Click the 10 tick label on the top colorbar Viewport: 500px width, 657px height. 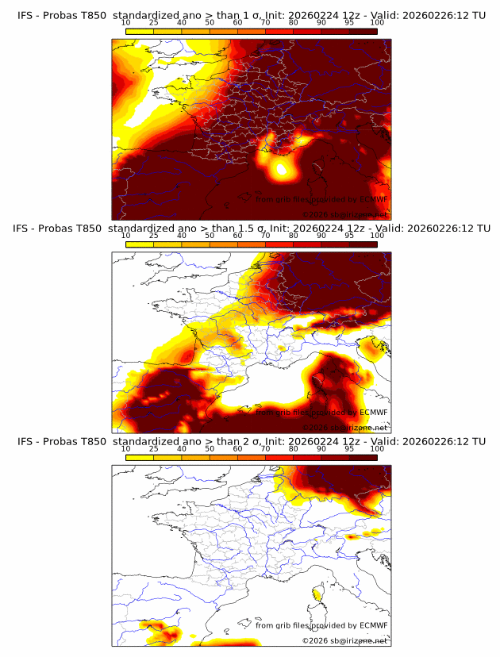[x=126, y=22]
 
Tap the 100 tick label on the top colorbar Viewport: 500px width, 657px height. [x=377, y=22]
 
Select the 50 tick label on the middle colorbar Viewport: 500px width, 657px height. [x=210, y=235]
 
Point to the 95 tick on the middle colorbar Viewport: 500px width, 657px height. [x=349, y=235]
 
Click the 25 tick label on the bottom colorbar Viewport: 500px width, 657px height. [x=154, y=448]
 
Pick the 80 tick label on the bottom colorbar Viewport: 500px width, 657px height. [x=294, y=448]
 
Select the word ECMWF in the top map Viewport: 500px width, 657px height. [x=373, y=199]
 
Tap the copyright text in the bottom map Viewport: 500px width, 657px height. [x=344, y=640]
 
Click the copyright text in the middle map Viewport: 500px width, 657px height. [x=344, y=427]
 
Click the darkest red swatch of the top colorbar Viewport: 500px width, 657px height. [x=363, y=31]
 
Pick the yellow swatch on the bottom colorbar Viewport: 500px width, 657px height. [x=140, y=457]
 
